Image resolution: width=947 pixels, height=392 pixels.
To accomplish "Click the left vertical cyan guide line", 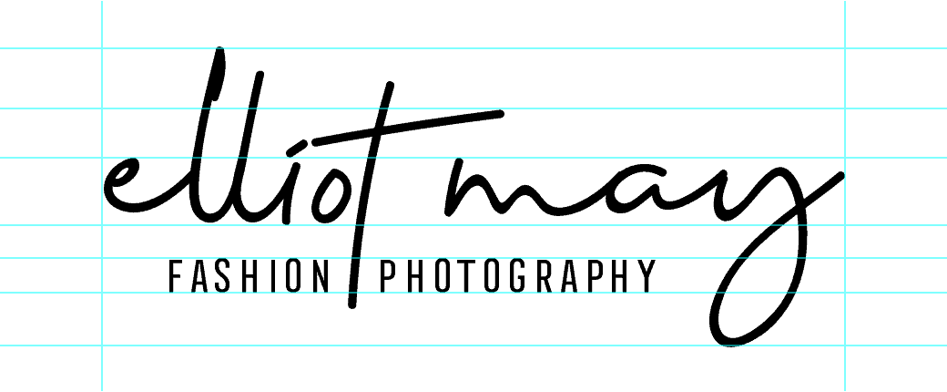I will coord(102,196).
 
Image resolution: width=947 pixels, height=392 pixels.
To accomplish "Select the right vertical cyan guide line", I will coord(845,196).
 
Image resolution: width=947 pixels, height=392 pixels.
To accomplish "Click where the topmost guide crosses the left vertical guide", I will coord(102,48).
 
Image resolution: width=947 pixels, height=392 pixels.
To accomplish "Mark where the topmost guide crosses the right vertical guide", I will coord(845,48).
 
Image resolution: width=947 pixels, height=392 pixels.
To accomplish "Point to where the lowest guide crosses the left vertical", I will coord(102,346).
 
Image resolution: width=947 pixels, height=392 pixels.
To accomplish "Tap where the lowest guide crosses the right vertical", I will coord(845,346).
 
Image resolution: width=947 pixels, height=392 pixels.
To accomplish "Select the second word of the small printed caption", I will coord(514,278).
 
